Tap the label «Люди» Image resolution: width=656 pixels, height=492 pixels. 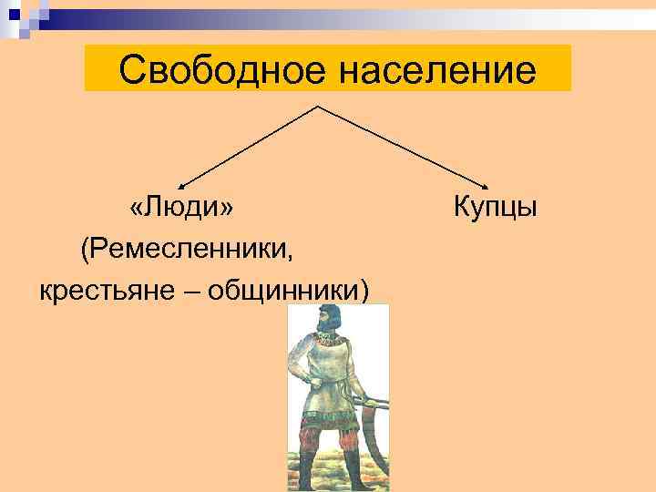coord(181,207)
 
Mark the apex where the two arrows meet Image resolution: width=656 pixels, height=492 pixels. coord(317,107)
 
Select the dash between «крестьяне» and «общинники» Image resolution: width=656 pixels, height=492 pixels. coord(194,290)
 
